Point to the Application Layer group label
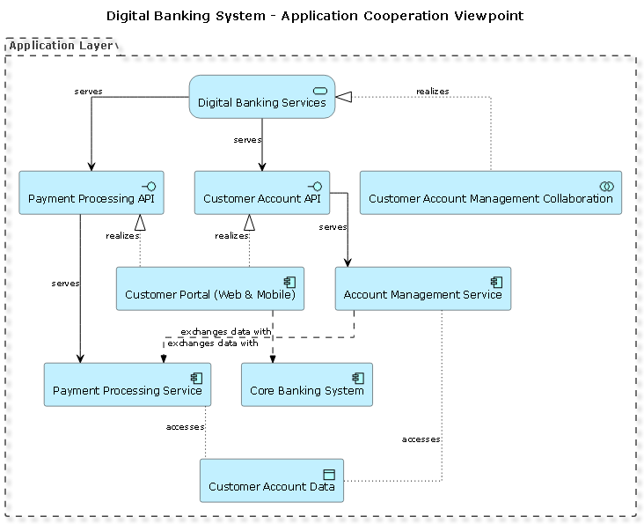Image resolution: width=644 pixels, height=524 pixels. (x=61, y=46)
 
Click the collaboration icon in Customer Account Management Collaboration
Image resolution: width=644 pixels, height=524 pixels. (x=605, y=185)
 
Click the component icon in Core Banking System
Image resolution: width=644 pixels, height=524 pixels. (x=357, y=377)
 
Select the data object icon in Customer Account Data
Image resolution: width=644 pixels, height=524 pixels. (x=329, y=474)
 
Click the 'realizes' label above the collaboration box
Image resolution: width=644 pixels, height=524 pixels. (x=432, y=91)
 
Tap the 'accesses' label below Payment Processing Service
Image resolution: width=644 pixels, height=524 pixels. (x=185, y=427)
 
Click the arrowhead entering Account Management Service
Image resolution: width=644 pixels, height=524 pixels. (x=348, y=262)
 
